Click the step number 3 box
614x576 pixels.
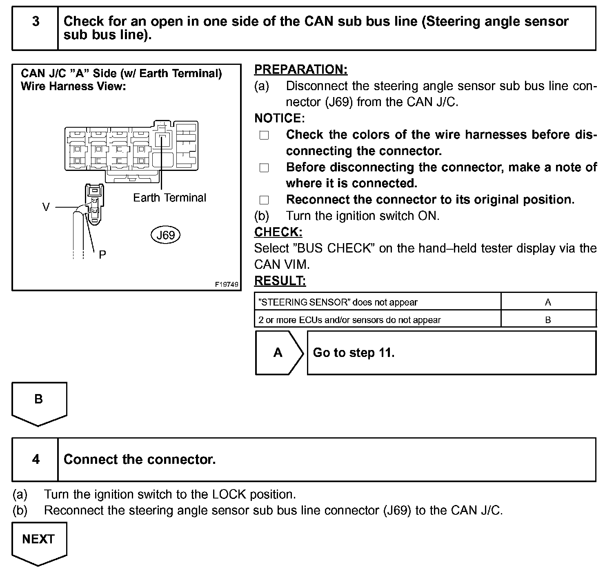36,29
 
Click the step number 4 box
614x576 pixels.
36,460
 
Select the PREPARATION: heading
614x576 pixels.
300,70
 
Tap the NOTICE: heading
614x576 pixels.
279,118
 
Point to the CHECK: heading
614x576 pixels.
278,232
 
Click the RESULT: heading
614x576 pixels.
280,281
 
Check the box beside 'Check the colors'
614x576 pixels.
264,135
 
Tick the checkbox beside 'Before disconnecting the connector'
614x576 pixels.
264,168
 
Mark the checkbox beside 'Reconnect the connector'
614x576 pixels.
264,200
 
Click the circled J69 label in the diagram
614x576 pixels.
165,235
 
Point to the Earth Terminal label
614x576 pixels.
169,198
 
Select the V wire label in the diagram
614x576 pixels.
46,207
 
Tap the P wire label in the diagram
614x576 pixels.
102,255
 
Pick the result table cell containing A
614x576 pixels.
548,302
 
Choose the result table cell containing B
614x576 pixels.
548,320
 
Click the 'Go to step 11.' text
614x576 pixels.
354,352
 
